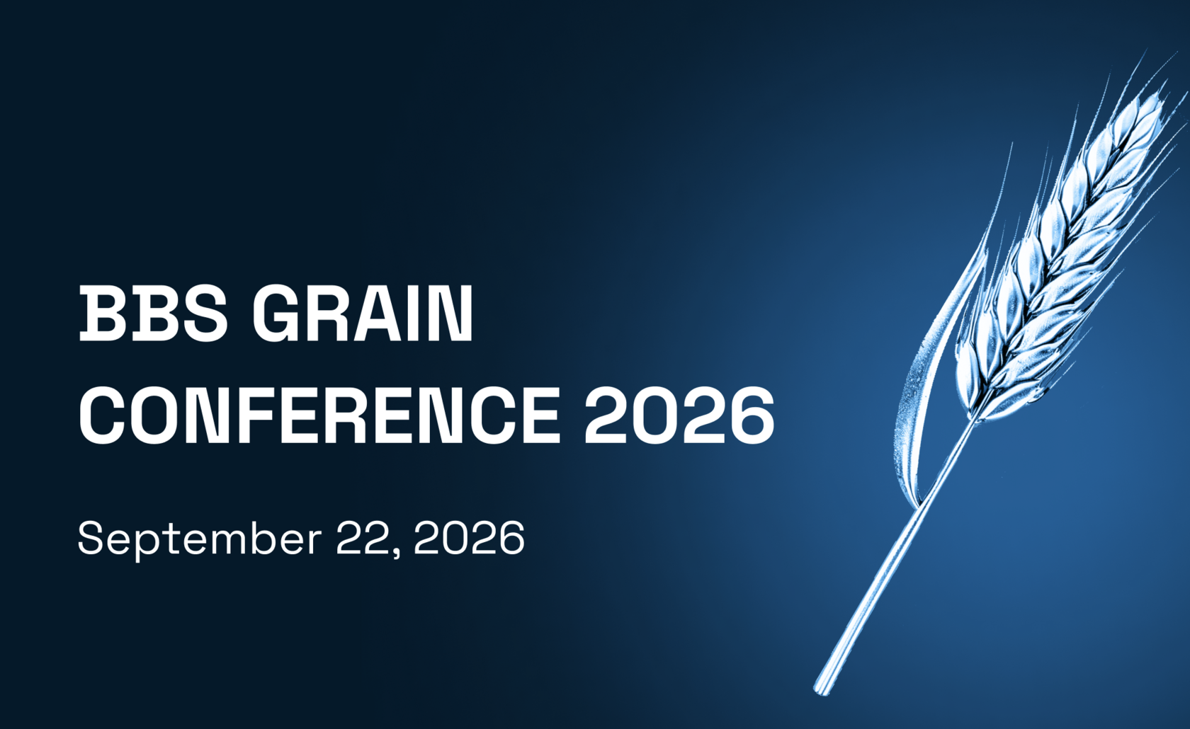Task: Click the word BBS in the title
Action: click(x=153, y=314)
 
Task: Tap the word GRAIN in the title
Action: click(x=363, y=314)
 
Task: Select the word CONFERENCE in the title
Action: click(x=319, y=415)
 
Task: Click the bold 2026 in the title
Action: click(x=679, y=415)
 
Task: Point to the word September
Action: click(x=200, y=539)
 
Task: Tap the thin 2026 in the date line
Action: click(x=469, y=539)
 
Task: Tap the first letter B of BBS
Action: click(x=102, y=314)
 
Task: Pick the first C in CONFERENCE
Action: click(x=103, y=415)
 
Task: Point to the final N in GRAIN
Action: click(x=451, y=314)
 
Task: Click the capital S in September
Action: click(x=93, y=538)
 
